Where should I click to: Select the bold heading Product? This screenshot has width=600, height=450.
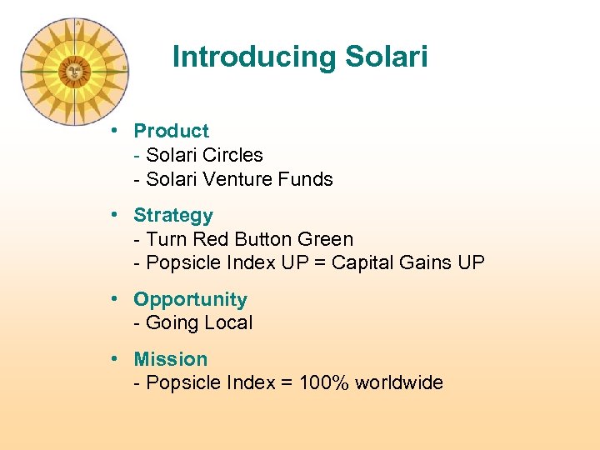coord(171,131)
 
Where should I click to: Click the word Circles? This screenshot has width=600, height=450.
coord(234,155)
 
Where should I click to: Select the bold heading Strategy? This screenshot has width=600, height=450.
coord(173,215)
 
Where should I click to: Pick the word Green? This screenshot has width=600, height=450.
coord(326,239)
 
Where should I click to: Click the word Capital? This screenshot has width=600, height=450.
coord(364,263)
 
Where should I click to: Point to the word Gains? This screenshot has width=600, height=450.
coord(427,263)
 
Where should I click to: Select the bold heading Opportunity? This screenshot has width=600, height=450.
coord(190,299)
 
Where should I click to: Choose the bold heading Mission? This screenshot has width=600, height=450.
coord(171,359)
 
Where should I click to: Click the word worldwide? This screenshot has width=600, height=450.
coord(399,383)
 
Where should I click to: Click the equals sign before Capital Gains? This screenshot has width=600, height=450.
coord(320,263)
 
